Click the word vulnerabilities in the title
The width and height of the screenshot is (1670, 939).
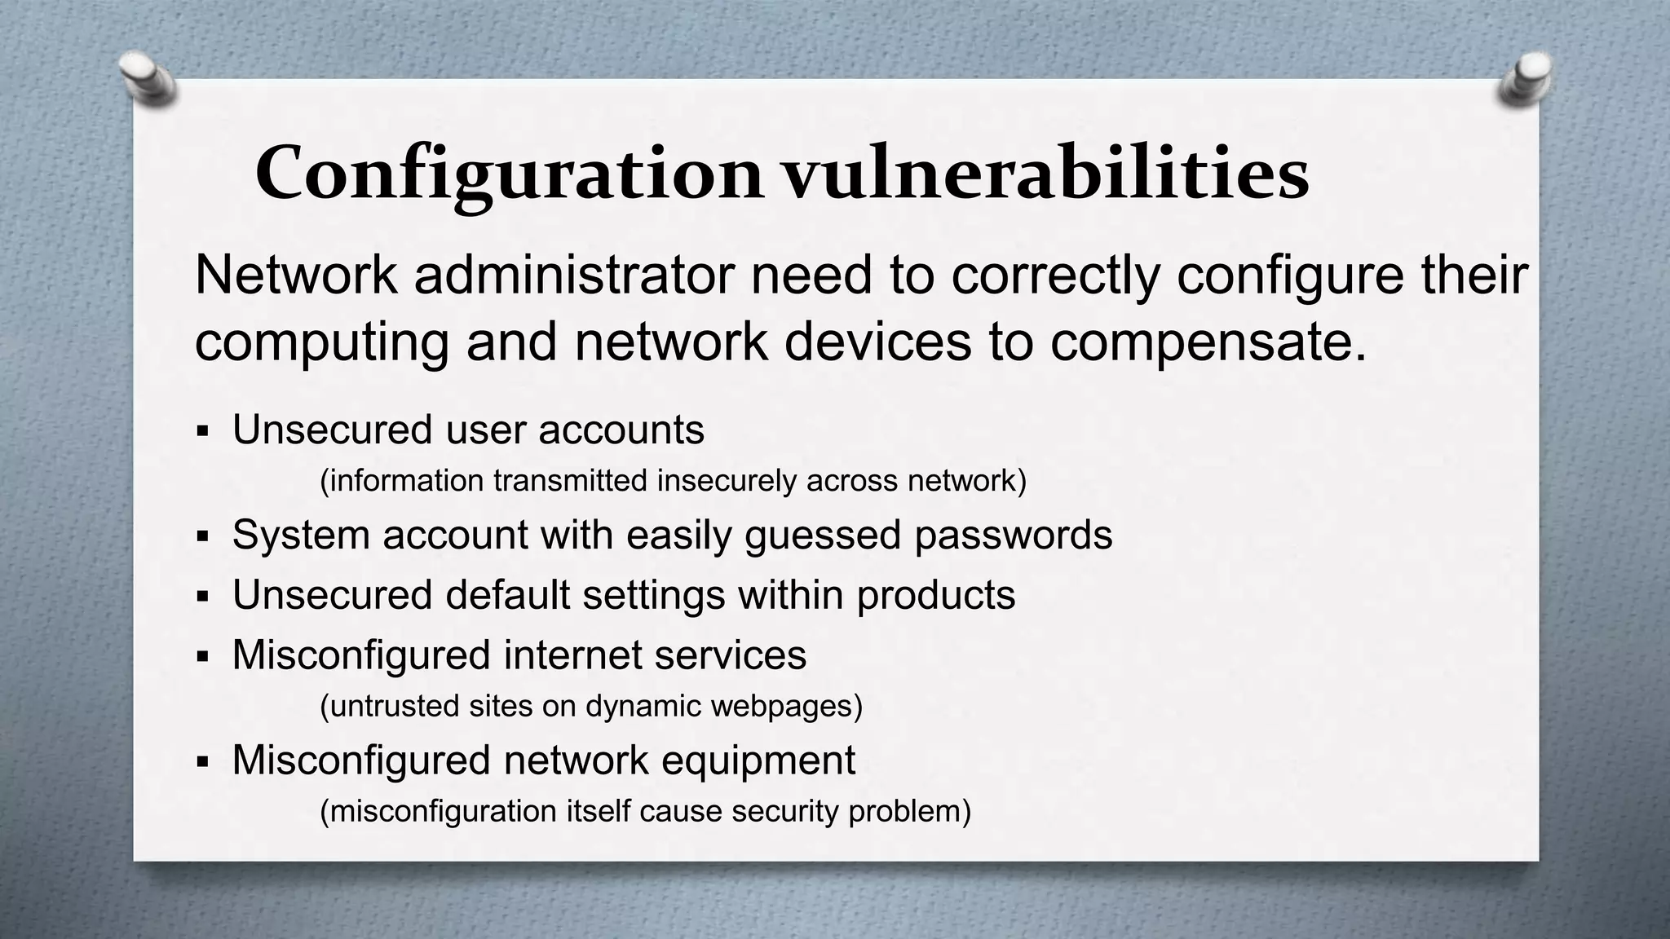pos(1046,174)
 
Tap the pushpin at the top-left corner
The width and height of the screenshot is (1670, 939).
pos(148,79)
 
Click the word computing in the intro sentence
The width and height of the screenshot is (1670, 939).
pos(321,342)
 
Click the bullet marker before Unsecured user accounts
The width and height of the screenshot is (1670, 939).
pos(203,430)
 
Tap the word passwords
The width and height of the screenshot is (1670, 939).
pos(1013,536)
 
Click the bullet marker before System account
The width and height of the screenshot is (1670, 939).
pos(203,536)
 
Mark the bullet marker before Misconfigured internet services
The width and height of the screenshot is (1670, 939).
pos(203,656)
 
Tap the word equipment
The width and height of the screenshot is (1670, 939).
pos(758,761)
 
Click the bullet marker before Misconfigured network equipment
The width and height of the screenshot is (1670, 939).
pos(203,762)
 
